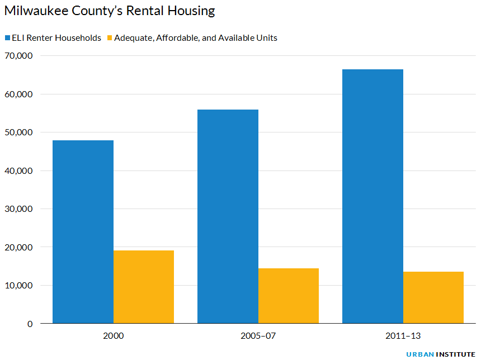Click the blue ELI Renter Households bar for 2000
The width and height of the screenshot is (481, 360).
click(83, 231)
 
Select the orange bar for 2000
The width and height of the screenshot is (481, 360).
click(144, 287)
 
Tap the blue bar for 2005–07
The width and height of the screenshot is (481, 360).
click(228, 216)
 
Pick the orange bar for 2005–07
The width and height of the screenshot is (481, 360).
click(289, 296)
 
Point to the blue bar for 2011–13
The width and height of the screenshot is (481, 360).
click(372, 196)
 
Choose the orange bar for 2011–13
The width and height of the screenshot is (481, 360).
click(433, 297)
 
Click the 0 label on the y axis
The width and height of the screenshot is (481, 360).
click(30, 324)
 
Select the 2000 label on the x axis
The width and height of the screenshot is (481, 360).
click(114, 337)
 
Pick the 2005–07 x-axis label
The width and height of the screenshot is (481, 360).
click(258, 337)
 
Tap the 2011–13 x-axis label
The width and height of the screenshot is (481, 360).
click(403, 337)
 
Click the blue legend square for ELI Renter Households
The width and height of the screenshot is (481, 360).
click(7, 38)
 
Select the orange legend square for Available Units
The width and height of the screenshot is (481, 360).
click(109, 38)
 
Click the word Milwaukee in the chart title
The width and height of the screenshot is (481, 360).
click(35, 11)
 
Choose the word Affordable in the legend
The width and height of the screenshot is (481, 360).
click(172, 38)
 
